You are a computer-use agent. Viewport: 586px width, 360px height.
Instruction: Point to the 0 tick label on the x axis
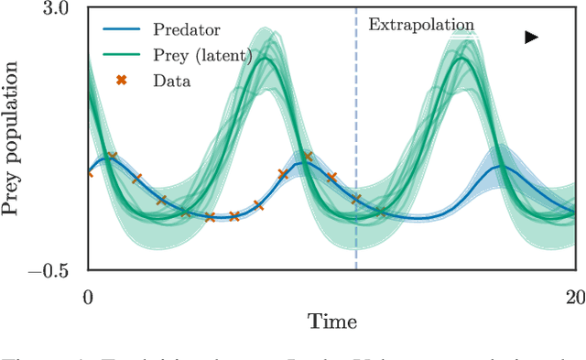pos(88,297)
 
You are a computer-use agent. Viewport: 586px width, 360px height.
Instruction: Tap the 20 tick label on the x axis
pos(574,297)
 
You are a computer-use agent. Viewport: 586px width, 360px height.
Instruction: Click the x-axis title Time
pos(331,322)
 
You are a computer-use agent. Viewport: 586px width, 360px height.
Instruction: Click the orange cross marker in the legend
pos(120,81)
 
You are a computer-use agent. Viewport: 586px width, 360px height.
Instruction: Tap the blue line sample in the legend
pos(120,32)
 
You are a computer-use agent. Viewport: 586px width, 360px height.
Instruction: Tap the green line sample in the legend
pos(120,56)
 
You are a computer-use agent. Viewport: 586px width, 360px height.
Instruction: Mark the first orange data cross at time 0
pos(89,172)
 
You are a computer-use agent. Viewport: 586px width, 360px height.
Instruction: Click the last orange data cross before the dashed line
pos(356,199)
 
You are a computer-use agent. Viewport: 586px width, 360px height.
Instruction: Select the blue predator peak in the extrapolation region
pos(500,166)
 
